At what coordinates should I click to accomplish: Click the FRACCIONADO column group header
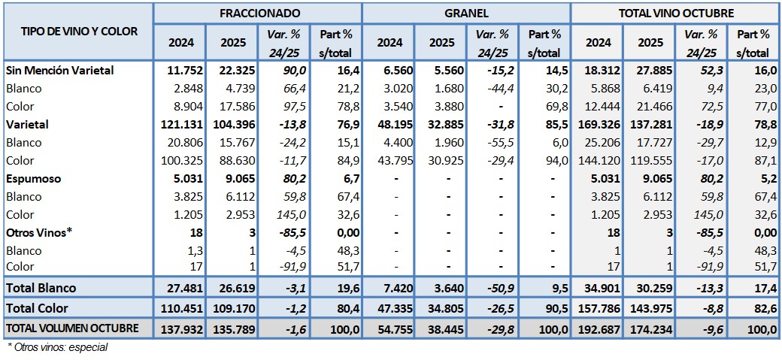(x=259, y=13)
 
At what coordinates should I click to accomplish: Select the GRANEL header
(x=466, y=13)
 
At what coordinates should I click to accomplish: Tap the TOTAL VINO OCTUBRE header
(x=676, y=13)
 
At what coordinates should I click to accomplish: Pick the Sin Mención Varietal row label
(x=59, y=70)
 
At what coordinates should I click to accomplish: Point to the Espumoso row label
(x=33, y=179)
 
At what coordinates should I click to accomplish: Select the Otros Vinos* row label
(x=38, y=232)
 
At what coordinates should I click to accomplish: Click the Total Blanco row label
(x=41, y=287)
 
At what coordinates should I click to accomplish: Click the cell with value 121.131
(x=178, y=124)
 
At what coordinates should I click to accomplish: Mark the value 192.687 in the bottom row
(x=595, y=328)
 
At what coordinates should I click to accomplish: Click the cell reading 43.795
(x=389, y=160)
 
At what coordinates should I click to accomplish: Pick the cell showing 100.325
(x=179, y=160)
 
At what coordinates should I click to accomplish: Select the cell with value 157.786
(x=595, y=307)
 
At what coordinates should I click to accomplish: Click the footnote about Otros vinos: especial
(x=57, y=347)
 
